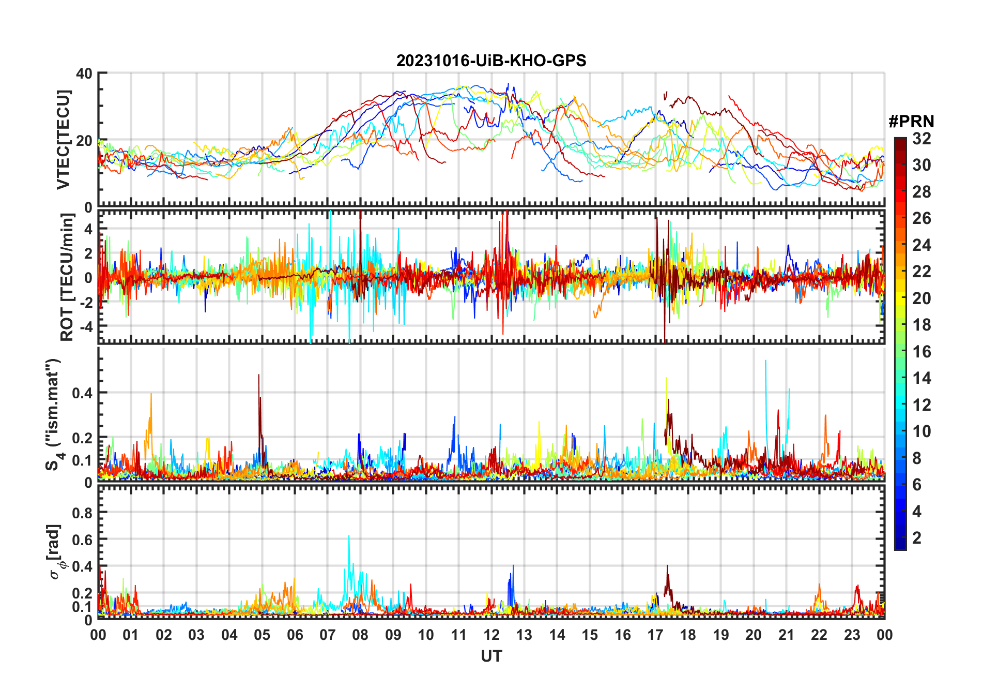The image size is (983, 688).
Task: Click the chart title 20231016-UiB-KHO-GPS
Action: pos(491,61)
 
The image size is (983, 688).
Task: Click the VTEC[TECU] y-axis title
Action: pos(63,140)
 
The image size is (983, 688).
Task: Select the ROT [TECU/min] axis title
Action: pos(67,277)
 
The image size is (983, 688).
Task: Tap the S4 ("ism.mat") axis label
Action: pos(53,414)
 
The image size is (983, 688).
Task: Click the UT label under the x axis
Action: pos(491,656)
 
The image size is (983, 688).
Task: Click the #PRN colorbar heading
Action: pos(911,122)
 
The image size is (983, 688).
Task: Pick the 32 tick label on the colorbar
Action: pos(921,139)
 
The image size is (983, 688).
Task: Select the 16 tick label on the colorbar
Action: pos(921,352)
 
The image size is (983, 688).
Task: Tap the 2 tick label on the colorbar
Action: pos(917,538)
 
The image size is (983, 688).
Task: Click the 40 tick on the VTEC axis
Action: pos(84,73)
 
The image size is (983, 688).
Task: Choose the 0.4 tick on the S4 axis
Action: pos(82,393)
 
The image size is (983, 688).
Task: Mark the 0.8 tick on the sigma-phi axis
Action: pos(82,513)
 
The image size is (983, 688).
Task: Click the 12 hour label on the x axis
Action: pos(491,635)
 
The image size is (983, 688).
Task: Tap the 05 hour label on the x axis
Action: pos(262,635)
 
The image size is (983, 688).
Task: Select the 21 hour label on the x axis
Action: pos(786,635)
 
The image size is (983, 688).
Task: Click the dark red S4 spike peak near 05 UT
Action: pos(259,375)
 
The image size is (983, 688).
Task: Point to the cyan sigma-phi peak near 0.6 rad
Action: pos(349,536)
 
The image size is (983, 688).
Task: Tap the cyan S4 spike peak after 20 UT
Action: pos(765,361)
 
